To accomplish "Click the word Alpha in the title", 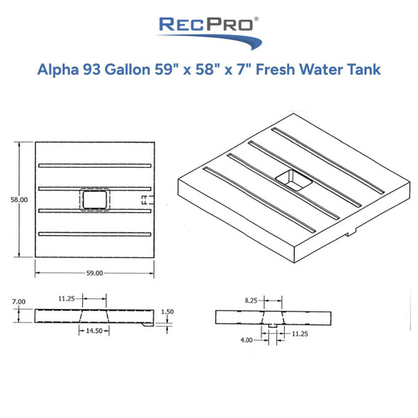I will click(59, 70).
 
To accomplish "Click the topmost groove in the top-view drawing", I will click(94, 166).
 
